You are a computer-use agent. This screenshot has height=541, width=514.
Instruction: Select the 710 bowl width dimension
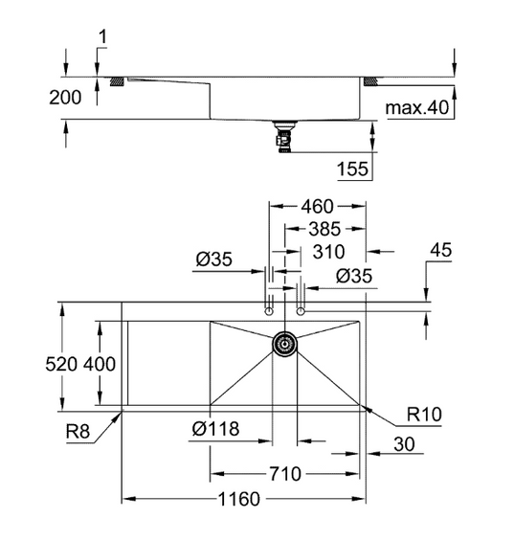pyautogui.click(x=286, y=473)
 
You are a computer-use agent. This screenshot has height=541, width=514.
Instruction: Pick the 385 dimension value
pyautogui.click(x=324, y=230)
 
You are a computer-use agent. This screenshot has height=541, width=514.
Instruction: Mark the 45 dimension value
pyautogui.click(x=441, y=251)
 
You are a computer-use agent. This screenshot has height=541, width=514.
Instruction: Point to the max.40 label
pyautogui.click(x=417, y=108)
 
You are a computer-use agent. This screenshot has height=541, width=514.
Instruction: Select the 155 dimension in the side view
pyautogui.click(x=352, y=169)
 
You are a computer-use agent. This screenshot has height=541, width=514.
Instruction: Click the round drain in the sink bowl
pyautogui.click(x=284, y=342)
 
